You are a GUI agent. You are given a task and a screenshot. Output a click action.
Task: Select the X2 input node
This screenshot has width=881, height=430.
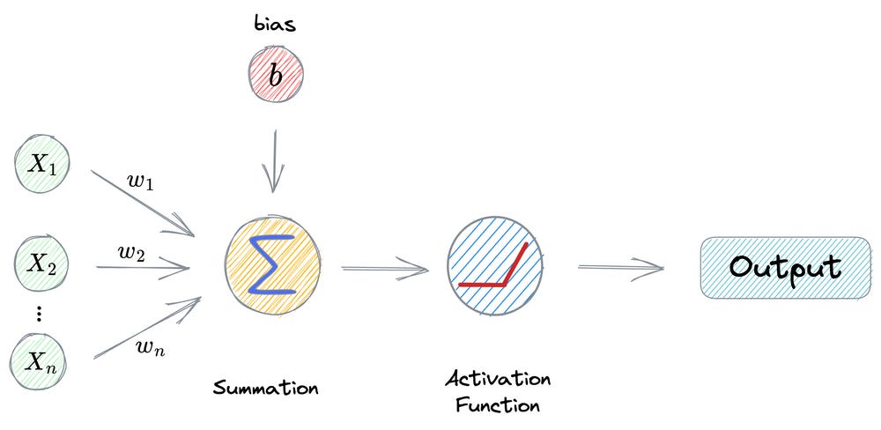41,263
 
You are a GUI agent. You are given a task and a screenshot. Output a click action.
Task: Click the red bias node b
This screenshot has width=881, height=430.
275,76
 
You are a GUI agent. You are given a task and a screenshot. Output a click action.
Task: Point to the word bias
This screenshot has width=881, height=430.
276,25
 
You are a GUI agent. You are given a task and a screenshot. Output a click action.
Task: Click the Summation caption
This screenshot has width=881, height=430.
265,388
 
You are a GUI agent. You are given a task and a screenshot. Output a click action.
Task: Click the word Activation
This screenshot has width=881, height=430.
498,379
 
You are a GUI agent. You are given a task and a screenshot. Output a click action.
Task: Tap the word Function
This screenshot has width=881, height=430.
499,406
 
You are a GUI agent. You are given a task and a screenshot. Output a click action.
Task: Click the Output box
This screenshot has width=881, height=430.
784,267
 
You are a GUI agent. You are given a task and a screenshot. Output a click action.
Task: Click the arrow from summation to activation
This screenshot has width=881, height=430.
382,267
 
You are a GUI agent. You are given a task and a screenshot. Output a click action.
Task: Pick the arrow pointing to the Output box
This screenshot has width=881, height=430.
620,264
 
